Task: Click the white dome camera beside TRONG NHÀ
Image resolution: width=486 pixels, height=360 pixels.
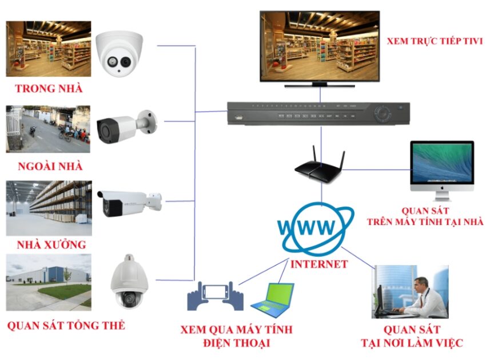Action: (x=118, y=54)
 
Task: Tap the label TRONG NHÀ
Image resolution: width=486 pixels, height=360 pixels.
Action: (x=49, y=89)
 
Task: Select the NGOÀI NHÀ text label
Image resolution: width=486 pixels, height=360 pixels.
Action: (x=50, y=167)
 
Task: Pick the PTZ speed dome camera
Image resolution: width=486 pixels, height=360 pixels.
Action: (x=129, y=283)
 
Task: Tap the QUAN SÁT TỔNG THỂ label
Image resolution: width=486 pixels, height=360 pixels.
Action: (x=66, y=326)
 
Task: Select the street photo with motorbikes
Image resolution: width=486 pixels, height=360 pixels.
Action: (x=48, y=128)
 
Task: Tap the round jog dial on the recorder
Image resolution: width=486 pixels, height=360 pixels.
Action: (x=382, y=113)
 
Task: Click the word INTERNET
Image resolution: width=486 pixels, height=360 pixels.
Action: (x=318, y=264)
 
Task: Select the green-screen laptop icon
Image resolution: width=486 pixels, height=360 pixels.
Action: (x=272, y=300)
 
